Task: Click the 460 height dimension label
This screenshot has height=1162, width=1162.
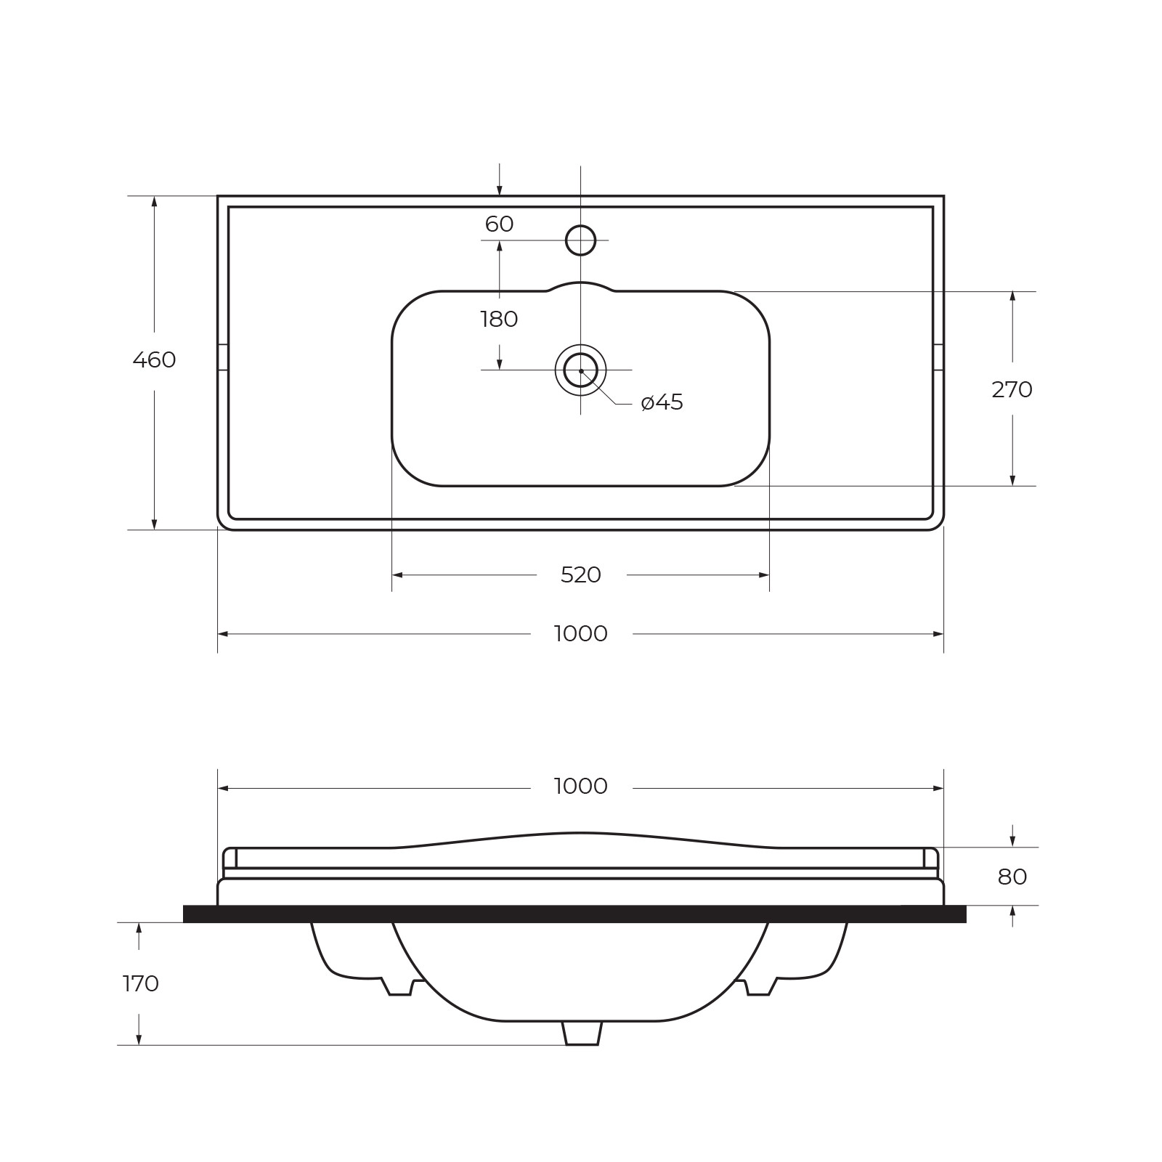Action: pos(154,359)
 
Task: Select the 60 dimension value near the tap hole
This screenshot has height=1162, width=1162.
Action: pos(499,224)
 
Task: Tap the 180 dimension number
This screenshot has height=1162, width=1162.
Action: pos(499,319)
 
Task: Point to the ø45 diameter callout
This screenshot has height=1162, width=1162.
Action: pos(662,402)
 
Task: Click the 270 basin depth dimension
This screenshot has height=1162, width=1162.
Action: pos(1012,390)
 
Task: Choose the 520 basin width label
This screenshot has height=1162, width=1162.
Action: pos(581,575)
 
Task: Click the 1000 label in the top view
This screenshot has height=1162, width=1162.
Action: pos(581,634)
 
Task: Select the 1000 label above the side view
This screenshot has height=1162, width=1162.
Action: pos(581,787)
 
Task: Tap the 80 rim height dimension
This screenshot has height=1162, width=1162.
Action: pos(1012,877)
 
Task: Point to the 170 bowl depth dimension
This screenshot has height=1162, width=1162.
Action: pos(141,984)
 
